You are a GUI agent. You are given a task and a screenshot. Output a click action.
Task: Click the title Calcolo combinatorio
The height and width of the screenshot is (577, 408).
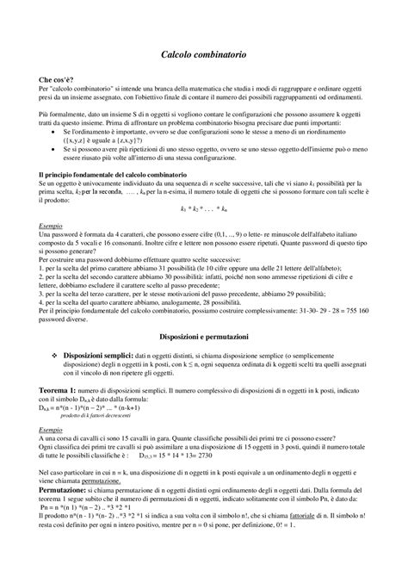204,54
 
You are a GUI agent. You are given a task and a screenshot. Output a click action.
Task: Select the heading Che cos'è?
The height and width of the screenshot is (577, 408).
56,78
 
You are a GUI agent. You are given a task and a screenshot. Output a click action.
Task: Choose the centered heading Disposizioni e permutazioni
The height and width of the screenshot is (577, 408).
204,332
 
